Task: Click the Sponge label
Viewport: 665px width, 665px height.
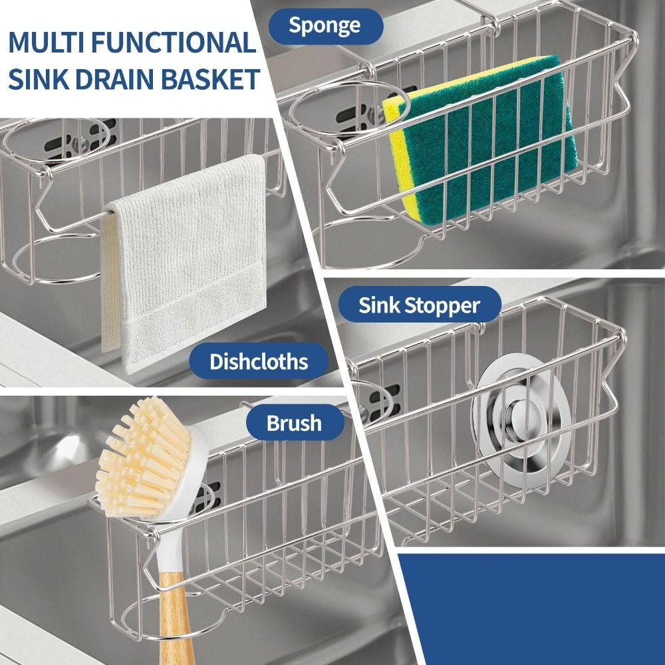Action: point(325,26)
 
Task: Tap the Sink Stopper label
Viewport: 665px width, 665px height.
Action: point(419,305)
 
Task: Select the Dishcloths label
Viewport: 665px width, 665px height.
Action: point(259,362)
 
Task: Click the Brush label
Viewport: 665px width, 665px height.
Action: point(294,423)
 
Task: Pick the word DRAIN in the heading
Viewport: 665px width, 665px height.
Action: point(112,79)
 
